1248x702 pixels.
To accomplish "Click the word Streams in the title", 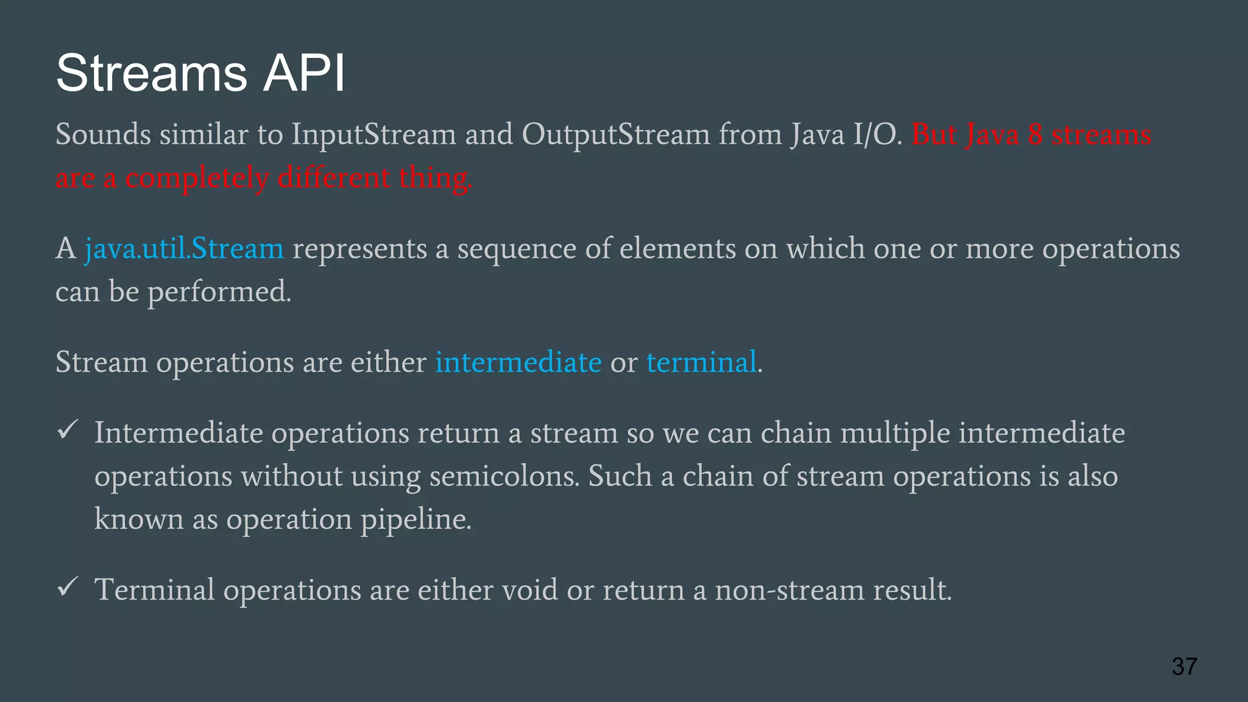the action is point(151,73).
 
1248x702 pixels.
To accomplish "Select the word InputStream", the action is point(374,135).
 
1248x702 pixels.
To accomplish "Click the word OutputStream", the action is point(615,135).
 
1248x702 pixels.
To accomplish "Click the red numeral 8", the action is point(1035,135).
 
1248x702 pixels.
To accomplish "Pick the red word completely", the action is point(197,179).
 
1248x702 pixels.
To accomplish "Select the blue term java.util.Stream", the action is point(184,249).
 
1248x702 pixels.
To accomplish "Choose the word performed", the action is point(219,292).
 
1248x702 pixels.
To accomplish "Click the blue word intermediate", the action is point(518,362).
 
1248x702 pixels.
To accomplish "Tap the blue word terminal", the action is point(701,362).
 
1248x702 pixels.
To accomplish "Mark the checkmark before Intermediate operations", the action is point(67,430).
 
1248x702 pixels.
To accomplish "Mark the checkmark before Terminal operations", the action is point(67,587).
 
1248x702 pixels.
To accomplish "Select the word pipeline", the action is point(416,520).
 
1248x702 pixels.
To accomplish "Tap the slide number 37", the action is point(1184,666).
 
